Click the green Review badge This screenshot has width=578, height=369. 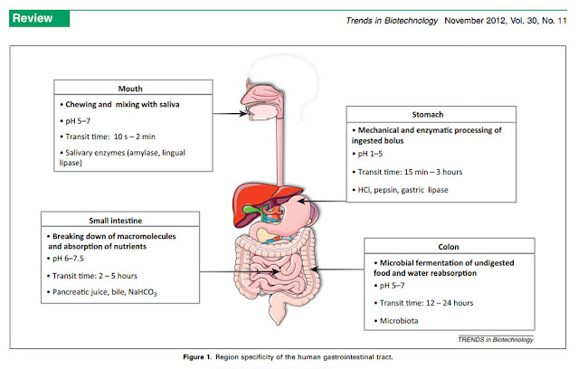tap(40, 18)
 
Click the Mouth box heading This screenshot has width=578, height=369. tap(130, 89)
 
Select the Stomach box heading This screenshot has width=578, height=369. tap(428, 115)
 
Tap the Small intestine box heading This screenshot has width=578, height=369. tap(116, 221)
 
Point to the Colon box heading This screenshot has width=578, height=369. tap(449, 247)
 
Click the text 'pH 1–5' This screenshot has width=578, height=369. tap(370, 154)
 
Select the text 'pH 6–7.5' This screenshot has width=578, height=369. tap(68, 259)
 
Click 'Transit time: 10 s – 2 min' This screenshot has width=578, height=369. tap(110, 137)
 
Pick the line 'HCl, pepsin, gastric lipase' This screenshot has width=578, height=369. tap(403, 190)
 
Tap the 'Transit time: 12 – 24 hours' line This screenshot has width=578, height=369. tap(426, 303)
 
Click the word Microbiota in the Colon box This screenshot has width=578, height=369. tap(399, 321)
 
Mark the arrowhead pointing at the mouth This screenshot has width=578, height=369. tap(244, 114)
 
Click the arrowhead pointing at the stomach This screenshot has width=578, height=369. tap(302, 202)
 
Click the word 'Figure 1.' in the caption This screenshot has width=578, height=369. tap(197, 357)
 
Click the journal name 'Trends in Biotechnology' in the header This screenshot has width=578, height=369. tap(392, 21)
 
